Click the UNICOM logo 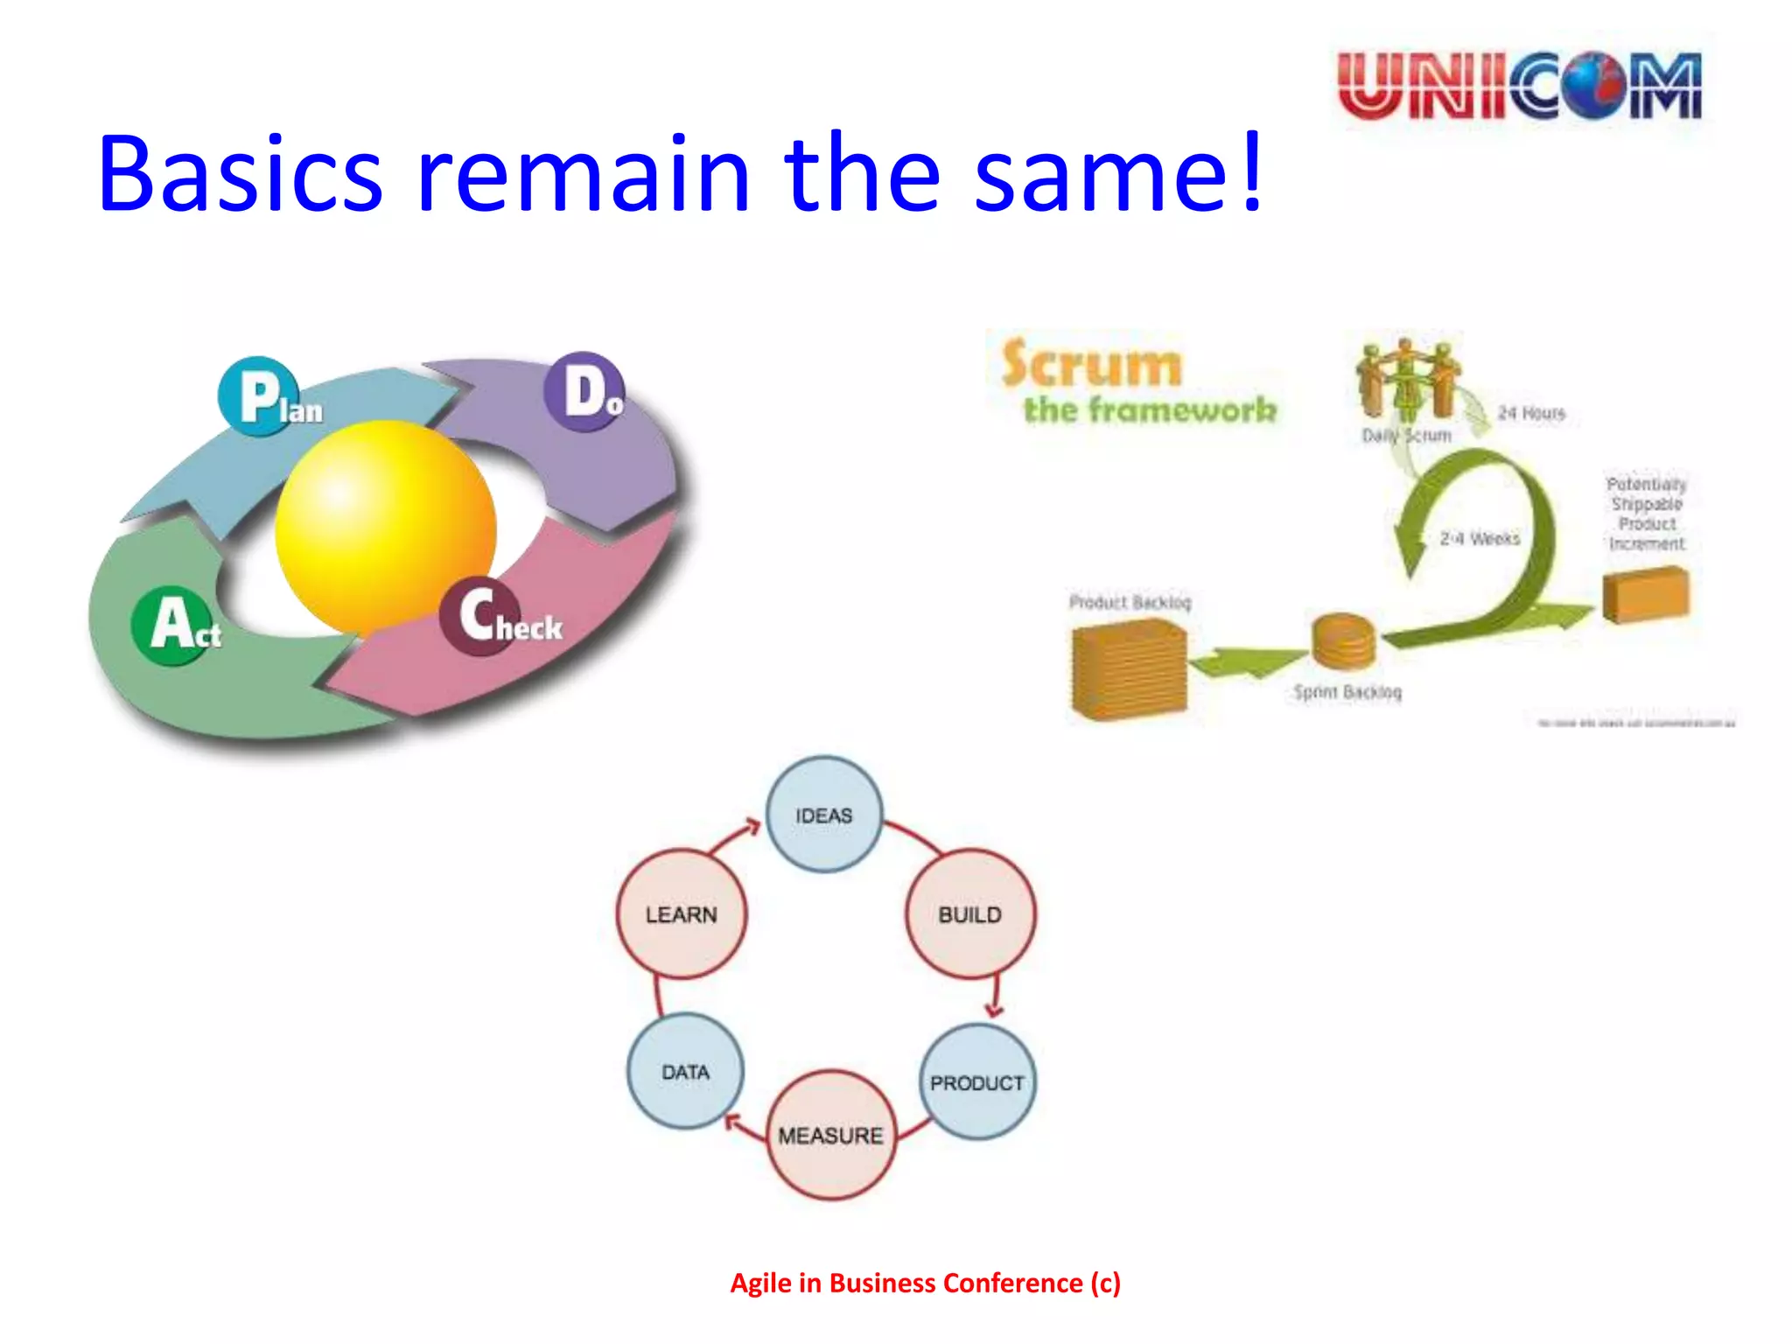tap(1520, 86)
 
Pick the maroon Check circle tap(479, 616)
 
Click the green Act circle tap(171, 625)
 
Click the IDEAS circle tap(823, 815)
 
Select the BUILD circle tap(969, 914)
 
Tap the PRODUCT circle tap(976, 1082)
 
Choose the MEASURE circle tap(830, 1135)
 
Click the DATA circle tap(685, 1072)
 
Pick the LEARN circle tap(681, 914)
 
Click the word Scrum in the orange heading tap(1091, 364)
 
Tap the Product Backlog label tap(1130, 602)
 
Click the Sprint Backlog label tap(1347, 692)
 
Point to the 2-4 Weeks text tap(1480, 538)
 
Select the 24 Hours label tap(1530, 413)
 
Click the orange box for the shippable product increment tap(1646, 595)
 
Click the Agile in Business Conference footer tap(925, 1283)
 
